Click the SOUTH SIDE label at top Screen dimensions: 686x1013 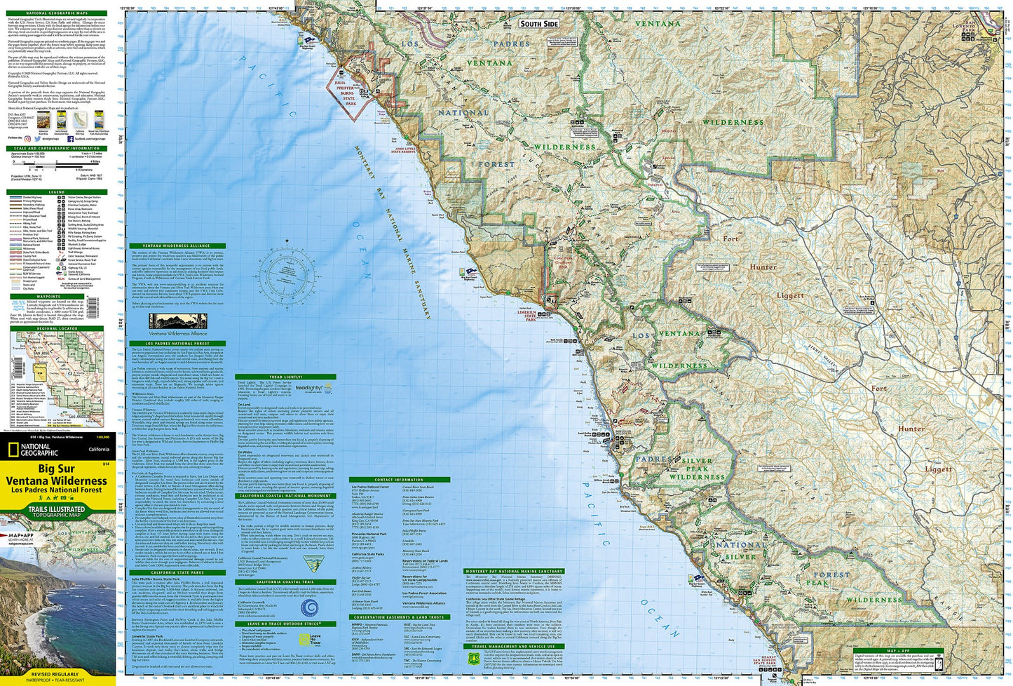[539, 24]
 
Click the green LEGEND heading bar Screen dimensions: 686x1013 [55, 191]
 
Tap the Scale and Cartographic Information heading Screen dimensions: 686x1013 [55, 149]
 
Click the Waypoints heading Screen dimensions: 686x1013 [55, 296]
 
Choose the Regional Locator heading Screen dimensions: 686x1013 [55, 328]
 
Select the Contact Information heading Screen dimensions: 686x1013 [398, 480]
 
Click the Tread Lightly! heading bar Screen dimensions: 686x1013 [285, 377]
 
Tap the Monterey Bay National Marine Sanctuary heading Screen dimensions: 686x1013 [514, 572]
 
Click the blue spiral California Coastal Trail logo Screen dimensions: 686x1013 [313, 607]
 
